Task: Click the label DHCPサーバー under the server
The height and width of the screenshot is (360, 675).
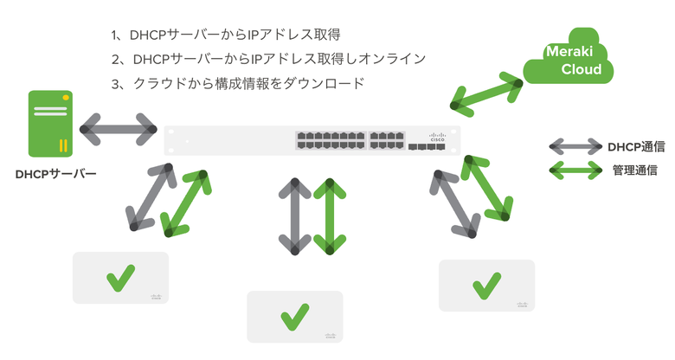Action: click(55, 173)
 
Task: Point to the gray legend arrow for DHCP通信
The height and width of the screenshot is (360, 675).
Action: click(576, 147)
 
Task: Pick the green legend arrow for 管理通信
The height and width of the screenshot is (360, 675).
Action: click(576, 170)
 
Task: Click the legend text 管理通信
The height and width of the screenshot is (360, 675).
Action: click(633, 170)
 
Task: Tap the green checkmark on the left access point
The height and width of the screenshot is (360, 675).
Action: click(119, 279)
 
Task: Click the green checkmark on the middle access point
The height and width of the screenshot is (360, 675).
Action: click(295, 316)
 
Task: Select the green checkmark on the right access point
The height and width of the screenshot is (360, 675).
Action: click(486, 284)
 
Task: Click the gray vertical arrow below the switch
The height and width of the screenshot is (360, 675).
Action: click(295, 216)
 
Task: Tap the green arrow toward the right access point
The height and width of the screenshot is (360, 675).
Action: click(485, 187)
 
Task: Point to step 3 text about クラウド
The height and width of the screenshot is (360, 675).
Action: click(238, 83)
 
